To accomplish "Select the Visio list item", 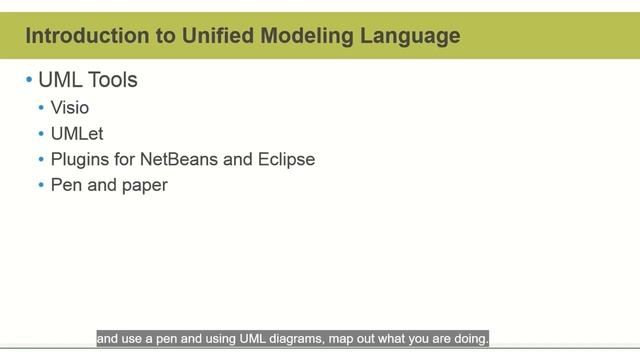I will tap(70, 108).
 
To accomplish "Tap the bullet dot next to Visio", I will tap(41, 108).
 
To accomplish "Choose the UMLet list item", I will tap(77, 133).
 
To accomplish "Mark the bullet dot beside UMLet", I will tap(41, 133).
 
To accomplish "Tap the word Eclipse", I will tap(287, 159).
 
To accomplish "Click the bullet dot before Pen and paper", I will tap(41, 185).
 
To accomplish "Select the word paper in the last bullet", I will tap(146, 185).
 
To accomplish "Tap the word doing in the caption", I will tap(469, 339).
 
